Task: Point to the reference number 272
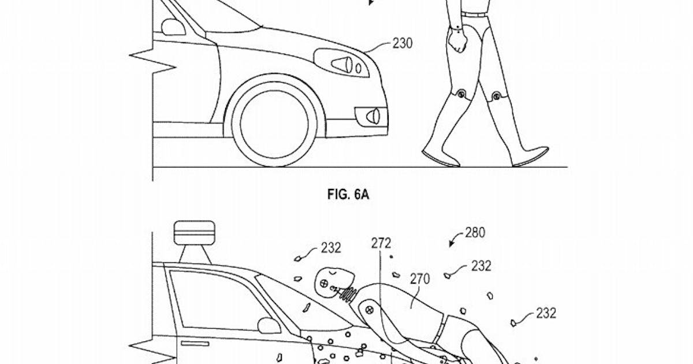[x=382, y=243]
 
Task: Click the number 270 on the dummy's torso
[x=420, y=280]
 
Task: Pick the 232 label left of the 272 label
[x=331, y=248]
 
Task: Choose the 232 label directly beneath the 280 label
[x=481, y=266]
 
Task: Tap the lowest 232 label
[x=546, y=313]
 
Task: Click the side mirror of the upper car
[x=172, y=27]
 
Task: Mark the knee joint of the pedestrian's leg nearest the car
[x=461, y=94]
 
